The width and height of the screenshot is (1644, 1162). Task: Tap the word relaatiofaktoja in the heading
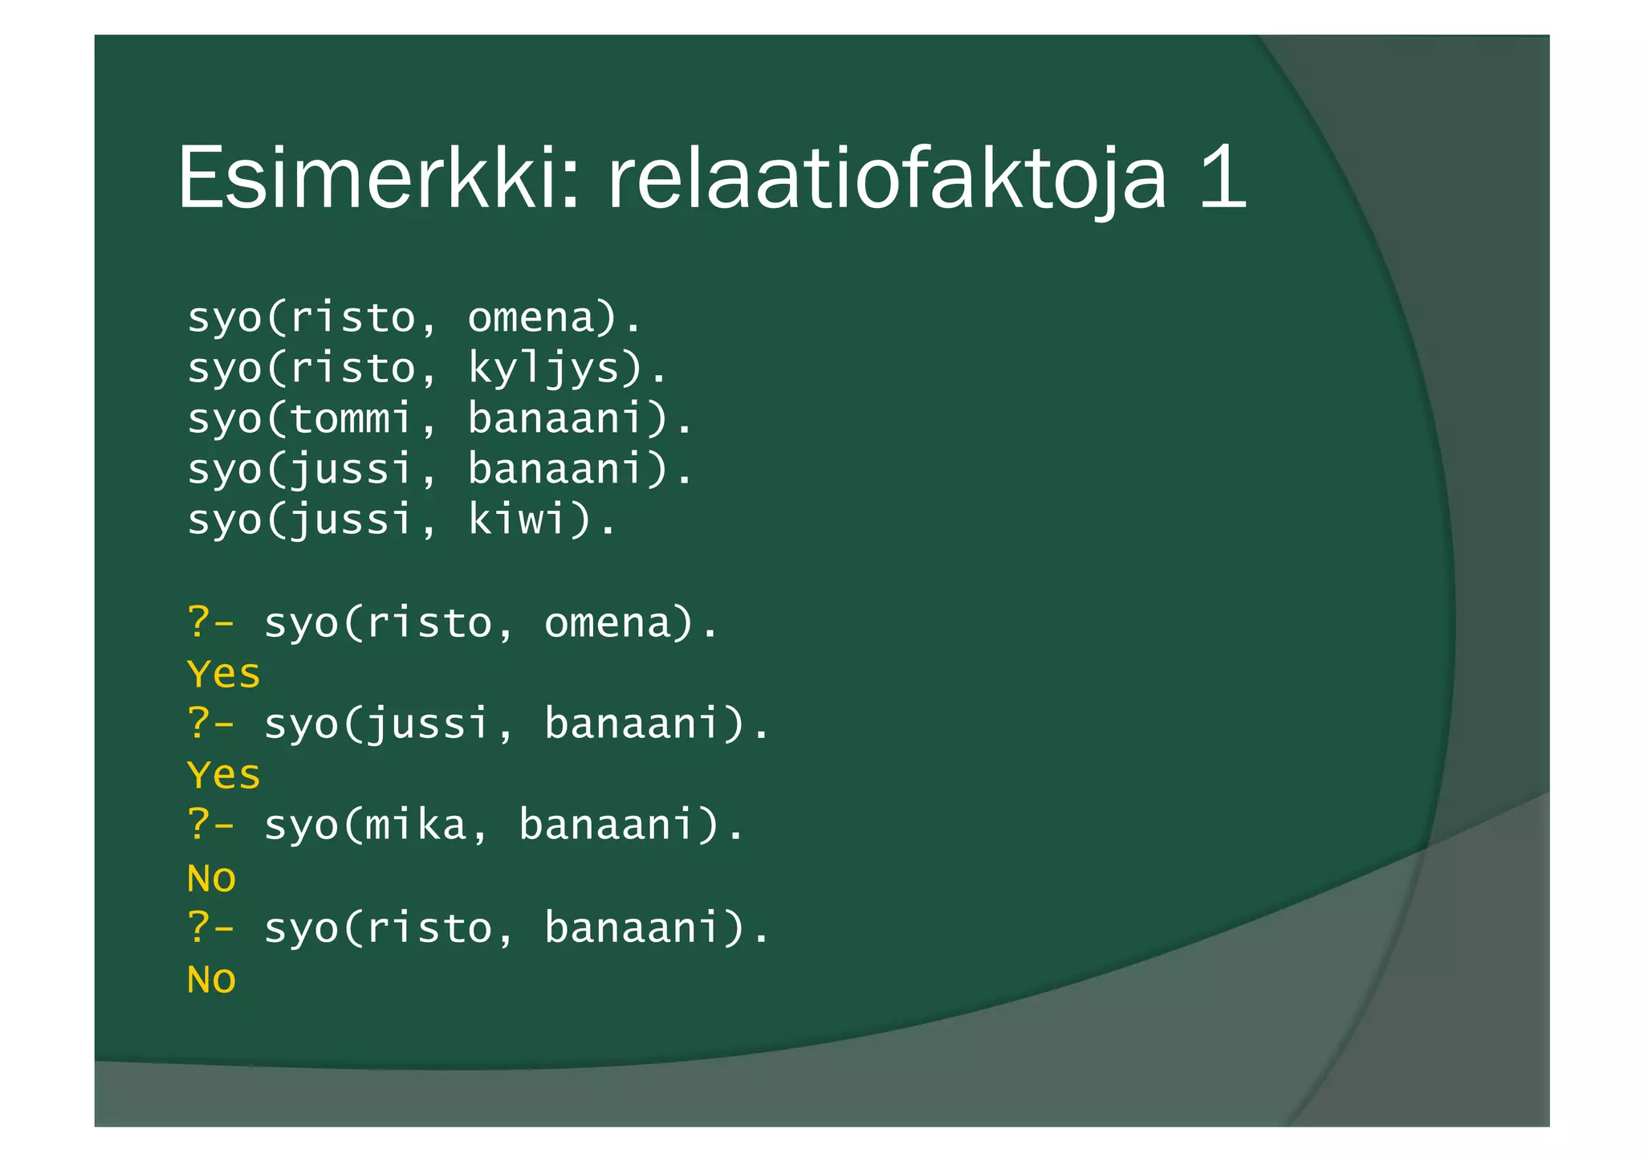(886, 178)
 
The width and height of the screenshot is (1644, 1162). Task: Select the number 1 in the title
(1222, 178)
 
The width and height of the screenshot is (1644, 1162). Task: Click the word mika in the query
(416, 826)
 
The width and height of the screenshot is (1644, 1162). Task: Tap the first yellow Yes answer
(224, 675)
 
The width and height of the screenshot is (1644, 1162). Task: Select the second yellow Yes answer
(224, 776)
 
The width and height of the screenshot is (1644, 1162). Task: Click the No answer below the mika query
(211, 878)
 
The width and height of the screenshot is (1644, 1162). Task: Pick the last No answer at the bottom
(211, 980)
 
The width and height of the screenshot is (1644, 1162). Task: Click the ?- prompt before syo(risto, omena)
(210, 623)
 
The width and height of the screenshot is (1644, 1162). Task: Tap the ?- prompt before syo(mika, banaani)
(210, 826)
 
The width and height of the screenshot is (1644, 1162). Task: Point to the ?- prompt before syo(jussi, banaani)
(210, 724)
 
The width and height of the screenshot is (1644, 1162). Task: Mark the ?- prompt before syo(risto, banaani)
(210, 928)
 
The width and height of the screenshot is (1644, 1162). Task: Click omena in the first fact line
(531, 318)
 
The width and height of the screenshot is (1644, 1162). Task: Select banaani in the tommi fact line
(556, 419)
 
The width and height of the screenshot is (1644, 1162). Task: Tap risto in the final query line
(429, 928)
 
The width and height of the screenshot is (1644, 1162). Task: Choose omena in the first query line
(607, 623)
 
